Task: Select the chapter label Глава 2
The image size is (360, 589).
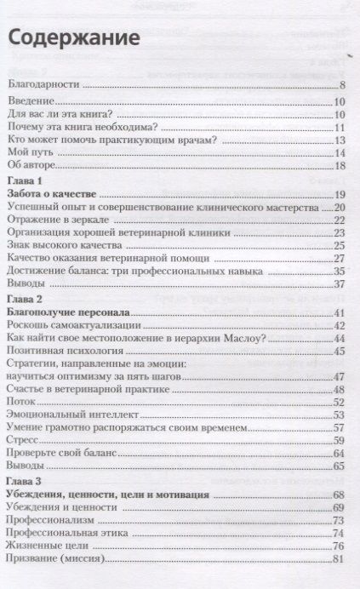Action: [29, 301]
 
